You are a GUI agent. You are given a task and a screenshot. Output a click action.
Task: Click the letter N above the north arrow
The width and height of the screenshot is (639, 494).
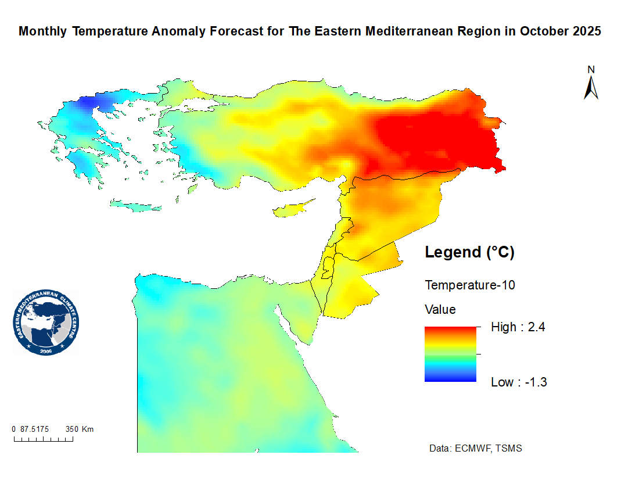pos(591,70)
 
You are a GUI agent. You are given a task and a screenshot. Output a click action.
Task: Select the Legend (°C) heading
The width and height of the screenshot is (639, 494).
pos(470,253)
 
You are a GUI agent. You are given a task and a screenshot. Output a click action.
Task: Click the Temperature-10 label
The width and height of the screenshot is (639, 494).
pos(470,285)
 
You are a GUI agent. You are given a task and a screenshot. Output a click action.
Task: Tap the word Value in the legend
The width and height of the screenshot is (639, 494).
pos(440,309)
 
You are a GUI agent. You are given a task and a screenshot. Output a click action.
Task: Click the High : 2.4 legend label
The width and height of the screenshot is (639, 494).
pos(518,327)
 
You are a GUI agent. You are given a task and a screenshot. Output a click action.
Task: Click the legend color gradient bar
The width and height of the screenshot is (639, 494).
pos(450,354)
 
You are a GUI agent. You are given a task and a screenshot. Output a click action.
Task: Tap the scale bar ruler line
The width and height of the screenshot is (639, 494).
pos(44,439)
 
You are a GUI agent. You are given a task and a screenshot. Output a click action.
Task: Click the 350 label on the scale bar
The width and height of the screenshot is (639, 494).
pos(71,429)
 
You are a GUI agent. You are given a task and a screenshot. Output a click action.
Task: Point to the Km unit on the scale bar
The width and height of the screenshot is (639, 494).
pos(88,429)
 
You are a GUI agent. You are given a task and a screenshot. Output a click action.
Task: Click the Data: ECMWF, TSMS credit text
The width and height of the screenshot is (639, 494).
pos(475,449)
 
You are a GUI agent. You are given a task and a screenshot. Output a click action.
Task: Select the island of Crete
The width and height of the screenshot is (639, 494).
pos(138,206)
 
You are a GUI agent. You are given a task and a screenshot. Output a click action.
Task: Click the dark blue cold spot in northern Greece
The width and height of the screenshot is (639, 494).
pos(88,103)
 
